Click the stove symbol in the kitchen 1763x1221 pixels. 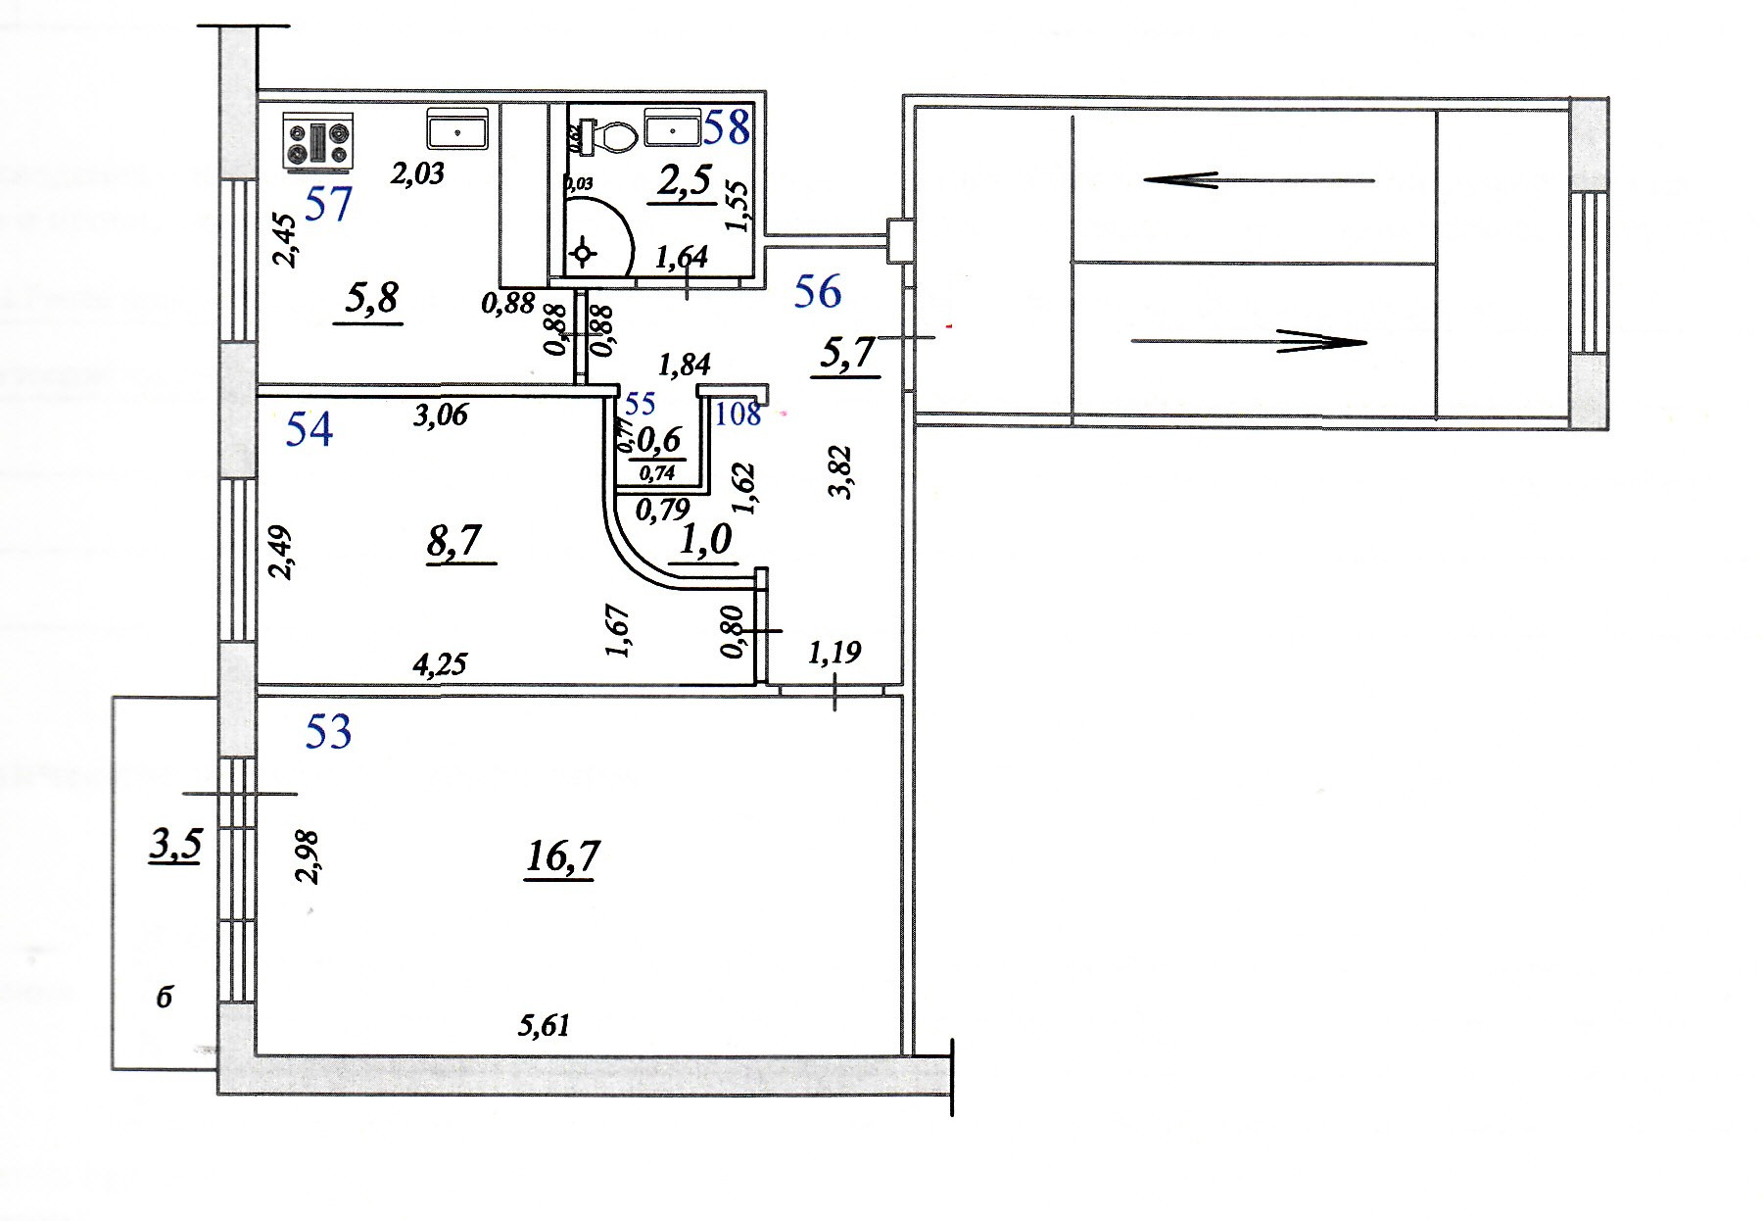point(319,141)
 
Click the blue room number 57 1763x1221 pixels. point(328,204)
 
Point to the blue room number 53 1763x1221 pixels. point(328,731)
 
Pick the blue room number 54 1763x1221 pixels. point(309,429)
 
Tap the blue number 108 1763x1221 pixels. point(739,414)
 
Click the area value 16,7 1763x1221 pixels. point(562,856)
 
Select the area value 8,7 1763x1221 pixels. point(454,540)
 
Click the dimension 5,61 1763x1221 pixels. point(544,1026)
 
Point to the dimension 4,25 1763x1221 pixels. point(440,665)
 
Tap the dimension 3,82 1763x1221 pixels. point(841,472)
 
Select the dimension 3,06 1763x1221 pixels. point(440,415)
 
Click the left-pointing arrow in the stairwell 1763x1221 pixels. point(1258,179)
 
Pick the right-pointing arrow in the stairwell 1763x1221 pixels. point(1248,342)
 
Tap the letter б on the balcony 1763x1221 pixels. point(165,999)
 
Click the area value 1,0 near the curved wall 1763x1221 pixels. point(705,539)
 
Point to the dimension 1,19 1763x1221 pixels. point(834,652)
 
